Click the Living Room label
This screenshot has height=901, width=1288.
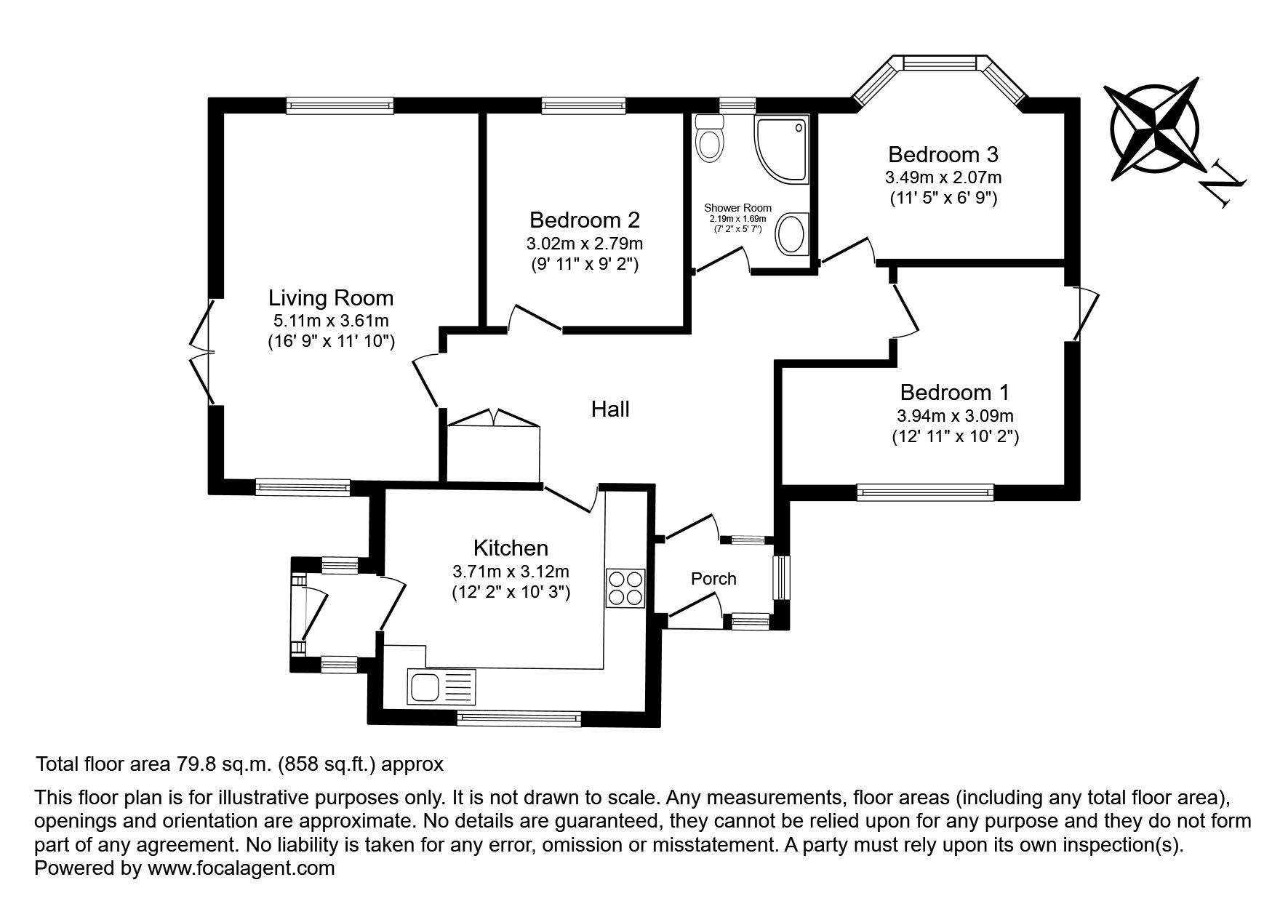pyautogui.click(x=331, y=298)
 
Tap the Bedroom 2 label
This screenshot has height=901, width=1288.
pyautogui.click(x=585, y=220)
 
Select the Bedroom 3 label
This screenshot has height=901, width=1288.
pyautogui.click(x=943, y=154)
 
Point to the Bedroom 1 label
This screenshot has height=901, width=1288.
pyautogui.click(x=955, y=393)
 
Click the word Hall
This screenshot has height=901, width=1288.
pyautogui.click(x=610, y=409)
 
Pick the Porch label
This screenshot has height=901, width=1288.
pyautogui.click(x=713, y=579)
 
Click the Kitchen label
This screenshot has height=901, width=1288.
pyautogui.click(x=511, y=548)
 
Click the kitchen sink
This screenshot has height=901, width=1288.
pyautogui.click(x=441, y=687)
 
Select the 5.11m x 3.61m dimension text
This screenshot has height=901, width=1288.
pyautogui.click(x=331, y=320)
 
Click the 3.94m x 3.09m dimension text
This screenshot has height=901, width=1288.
pyautogui.click(x=955, y=416)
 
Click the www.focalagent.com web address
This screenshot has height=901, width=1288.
pyautogui.click(x=241, y=868)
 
